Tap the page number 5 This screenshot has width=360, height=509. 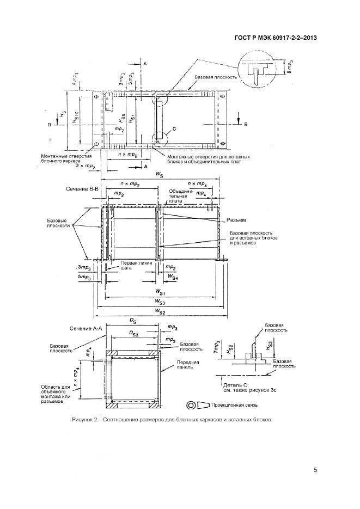316,470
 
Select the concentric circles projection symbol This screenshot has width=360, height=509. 191,406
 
